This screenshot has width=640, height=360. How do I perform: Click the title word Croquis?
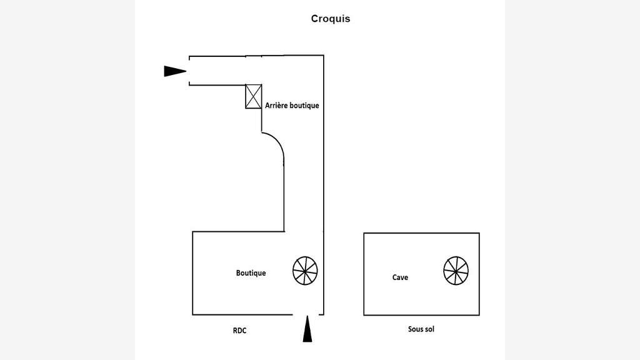pos(331,19)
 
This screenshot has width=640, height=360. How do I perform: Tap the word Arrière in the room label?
pos(277,105)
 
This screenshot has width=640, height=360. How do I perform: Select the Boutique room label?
pos(251,272)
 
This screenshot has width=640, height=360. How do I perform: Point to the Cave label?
pos(400,277)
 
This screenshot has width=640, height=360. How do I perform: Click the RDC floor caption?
pos(239,331)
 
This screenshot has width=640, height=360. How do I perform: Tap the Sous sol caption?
pos(421,329)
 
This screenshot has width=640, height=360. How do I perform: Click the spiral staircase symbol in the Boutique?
pos(305,271)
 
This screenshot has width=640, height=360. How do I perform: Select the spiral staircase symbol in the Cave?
pos(456,271)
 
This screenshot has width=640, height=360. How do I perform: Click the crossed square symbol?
pos(254,96)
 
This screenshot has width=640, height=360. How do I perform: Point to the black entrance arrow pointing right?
pos(175,71)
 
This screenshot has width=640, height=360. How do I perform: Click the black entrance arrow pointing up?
pos(307,329)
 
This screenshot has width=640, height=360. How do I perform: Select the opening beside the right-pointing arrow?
pos(189,71)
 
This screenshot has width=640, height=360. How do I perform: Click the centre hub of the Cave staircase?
pos(456,271)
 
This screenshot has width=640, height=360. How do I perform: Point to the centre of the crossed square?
pos(254,96)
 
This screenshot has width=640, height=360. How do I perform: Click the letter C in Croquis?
pos(315,19)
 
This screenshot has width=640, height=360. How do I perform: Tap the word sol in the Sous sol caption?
pos(429,329)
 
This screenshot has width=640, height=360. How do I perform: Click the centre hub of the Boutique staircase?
pos(305,271)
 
